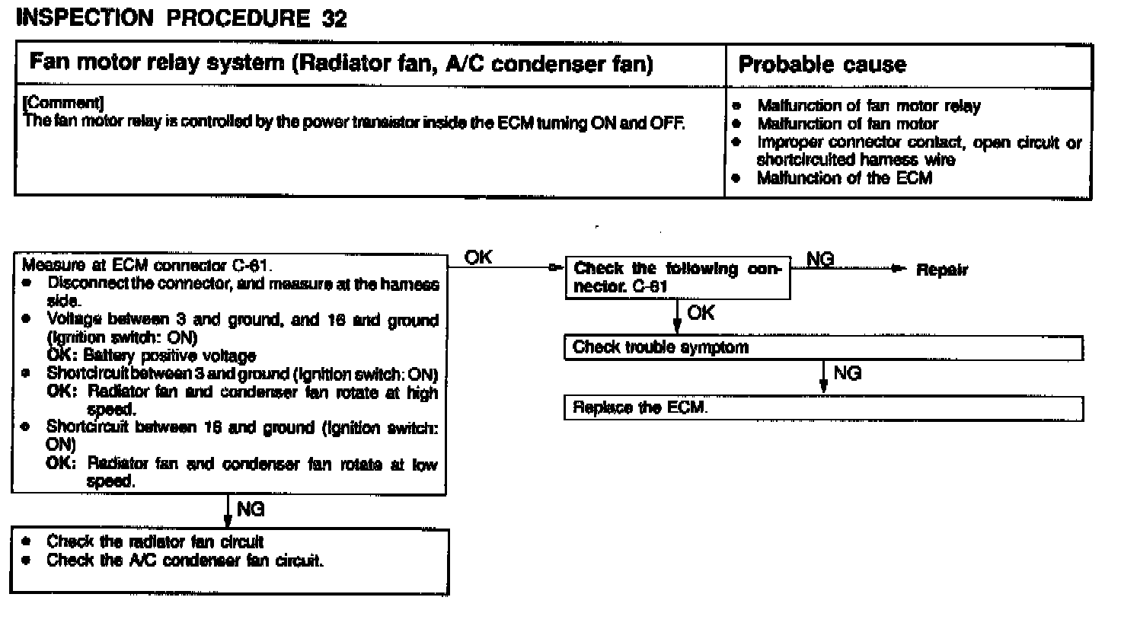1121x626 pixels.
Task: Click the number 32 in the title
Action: pos(334,19)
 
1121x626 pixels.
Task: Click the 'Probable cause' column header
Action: pos(822,65)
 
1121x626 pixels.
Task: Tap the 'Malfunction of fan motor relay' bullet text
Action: pos(868,106)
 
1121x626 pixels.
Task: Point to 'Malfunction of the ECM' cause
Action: pos(844,178)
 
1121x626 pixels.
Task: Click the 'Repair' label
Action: pos(942,270)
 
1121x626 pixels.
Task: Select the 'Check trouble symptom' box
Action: pos(822,348)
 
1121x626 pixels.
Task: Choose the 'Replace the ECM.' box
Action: pos(822,407)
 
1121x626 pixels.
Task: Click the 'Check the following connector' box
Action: pos(677,278)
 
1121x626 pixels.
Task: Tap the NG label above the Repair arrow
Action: pos(819,260)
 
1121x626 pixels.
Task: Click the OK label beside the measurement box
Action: pos(478,258)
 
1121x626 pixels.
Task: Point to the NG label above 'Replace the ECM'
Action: pos(847,373)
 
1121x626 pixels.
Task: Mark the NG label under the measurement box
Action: pos(251,509)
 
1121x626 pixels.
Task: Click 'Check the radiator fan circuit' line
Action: pos(155,541)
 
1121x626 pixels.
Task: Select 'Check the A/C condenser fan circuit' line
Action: pos(185,561)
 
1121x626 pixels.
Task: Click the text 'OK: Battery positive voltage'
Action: pos(152,356)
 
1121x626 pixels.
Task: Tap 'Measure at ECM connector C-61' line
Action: pos(147,266)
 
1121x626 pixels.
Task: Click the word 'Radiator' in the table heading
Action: pos(340,62)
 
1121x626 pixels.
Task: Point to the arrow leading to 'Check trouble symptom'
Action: pos(677,318)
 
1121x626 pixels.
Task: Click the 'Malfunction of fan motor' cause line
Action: pos(847,123)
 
